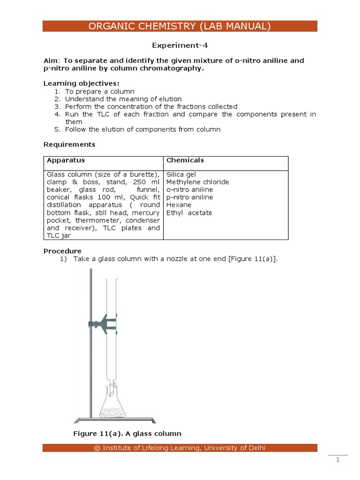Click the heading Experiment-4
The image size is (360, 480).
coord(180,45)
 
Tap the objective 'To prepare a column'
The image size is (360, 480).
coord(99,91)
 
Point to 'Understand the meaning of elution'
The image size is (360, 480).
coord(123,99)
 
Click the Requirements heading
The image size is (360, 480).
coord(69,144)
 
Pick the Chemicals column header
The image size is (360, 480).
coord(185,160)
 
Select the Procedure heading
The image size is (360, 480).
coord(62,251)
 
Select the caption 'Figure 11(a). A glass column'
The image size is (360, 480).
coord(127,434)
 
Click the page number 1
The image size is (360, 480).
coord(337,460)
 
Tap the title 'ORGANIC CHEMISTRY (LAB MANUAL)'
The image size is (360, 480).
coord(180,26)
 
